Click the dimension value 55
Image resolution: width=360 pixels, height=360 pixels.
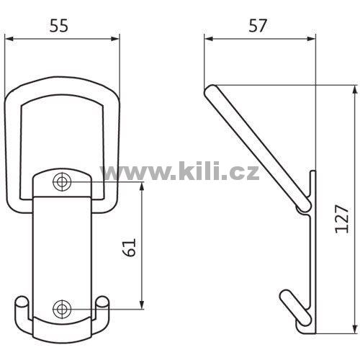click(59, 25)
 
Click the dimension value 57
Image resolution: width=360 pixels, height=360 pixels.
click(258, 25)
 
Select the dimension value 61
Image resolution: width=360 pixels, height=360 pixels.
click(129, 248)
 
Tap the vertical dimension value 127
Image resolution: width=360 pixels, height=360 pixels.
click(341, 219)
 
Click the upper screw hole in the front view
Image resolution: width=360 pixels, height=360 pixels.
click(62, 182)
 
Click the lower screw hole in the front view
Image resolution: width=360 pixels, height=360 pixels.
click(62, 309)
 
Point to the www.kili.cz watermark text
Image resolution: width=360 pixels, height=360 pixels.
click(179, 171)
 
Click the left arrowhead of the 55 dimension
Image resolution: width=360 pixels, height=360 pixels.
click(9, 39)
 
